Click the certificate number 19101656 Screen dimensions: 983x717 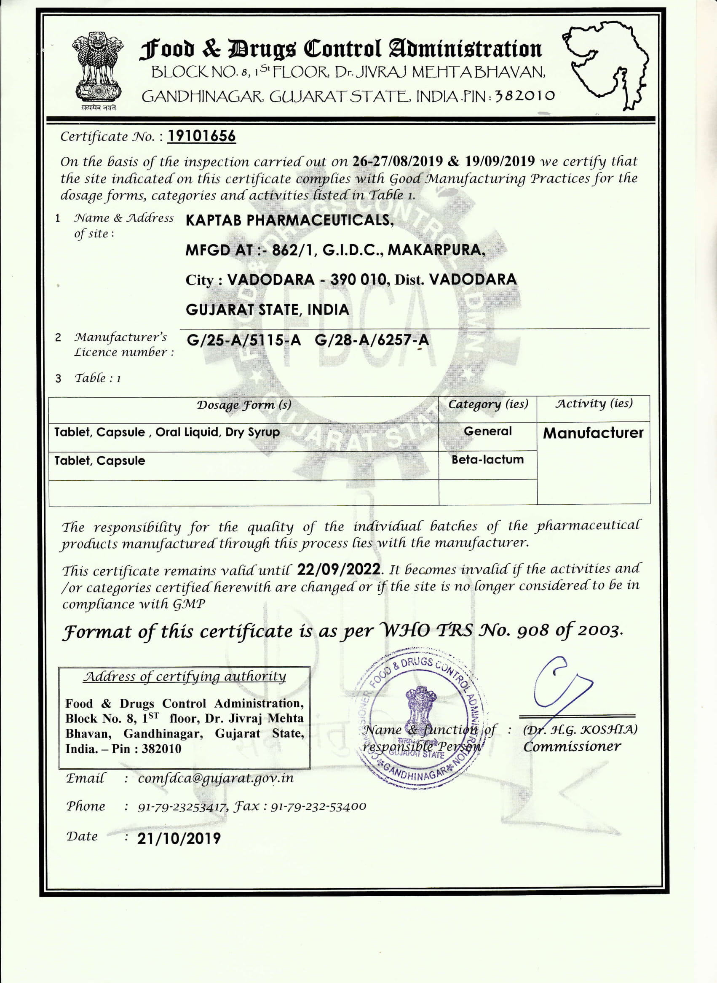tap(201, 136)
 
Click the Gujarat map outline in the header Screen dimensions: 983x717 tap(607, 63)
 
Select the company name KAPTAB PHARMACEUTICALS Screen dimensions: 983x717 tap(289, 221)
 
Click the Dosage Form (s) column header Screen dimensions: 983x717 tap(243, 405)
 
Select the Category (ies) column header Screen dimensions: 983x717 tap(488, 404)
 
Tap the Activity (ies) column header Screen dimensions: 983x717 tap(593, 404)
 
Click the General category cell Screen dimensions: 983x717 tap(487, 431)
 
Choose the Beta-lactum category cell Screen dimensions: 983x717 tap(487, 460)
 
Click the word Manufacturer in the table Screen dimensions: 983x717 tap(593, 433)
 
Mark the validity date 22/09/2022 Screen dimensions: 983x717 tap(340, 569)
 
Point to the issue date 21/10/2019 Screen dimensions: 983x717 tap(179, 838)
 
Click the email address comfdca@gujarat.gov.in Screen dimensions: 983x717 tap(216, 778)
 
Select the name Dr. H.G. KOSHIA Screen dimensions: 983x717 tap(580, 730)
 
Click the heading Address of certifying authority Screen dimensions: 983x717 tap(185, 676)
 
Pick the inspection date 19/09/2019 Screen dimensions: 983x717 tap(500, 162)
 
